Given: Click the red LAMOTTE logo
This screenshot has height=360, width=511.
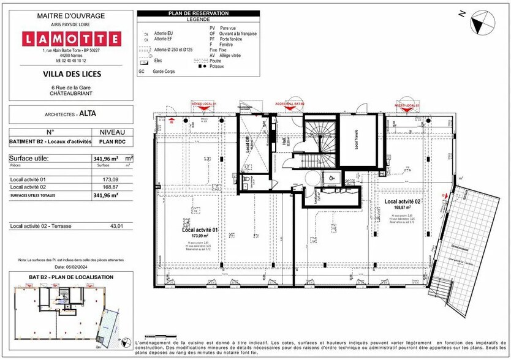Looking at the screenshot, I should point(71,39).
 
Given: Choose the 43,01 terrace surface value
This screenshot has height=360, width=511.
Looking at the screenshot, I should point(116,227).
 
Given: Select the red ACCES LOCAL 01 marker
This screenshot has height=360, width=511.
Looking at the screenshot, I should point(204,105).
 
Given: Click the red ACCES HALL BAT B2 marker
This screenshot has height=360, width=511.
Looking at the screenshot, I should point(290,105).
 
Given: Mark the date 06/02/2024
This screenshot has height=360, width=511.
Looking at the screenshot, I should point(67,267).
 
